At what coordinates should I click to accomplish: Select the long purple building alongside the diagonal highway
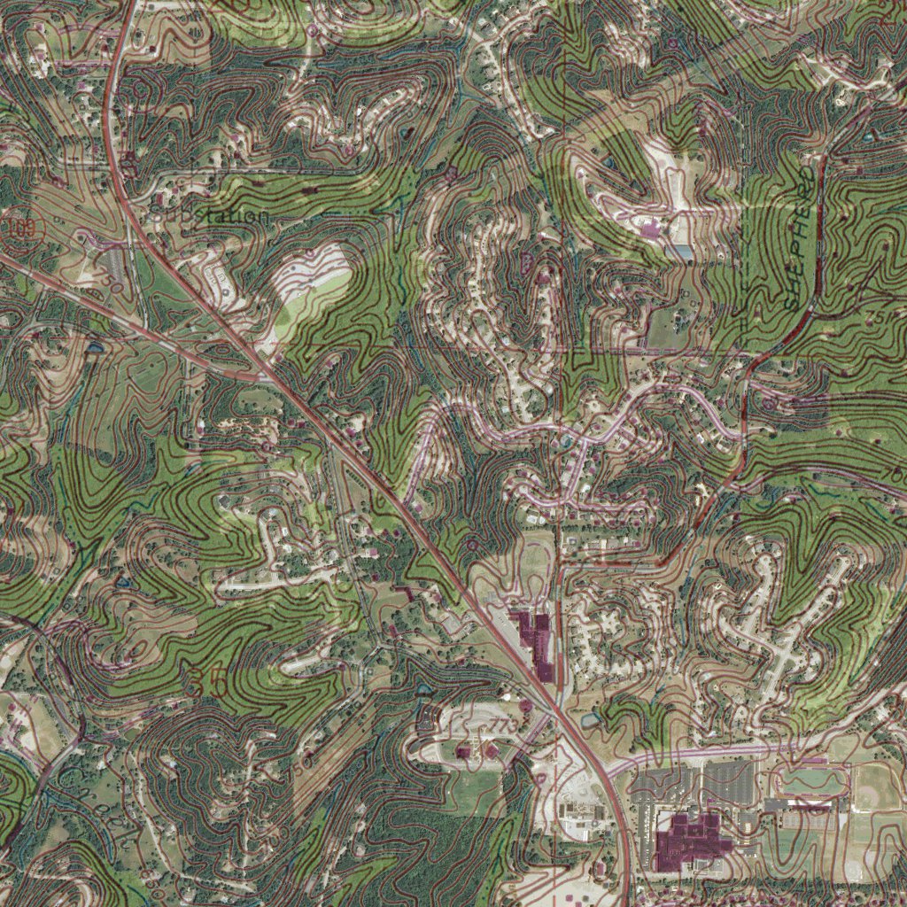pyautogui.click(x=537, y=643)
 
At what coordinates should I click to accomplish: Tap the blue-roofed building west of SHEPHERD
pyautogui.click(x=682, y=252)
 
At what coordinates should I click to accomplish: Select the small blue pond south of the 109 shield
pyautogui.click(x=93, y=347)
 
